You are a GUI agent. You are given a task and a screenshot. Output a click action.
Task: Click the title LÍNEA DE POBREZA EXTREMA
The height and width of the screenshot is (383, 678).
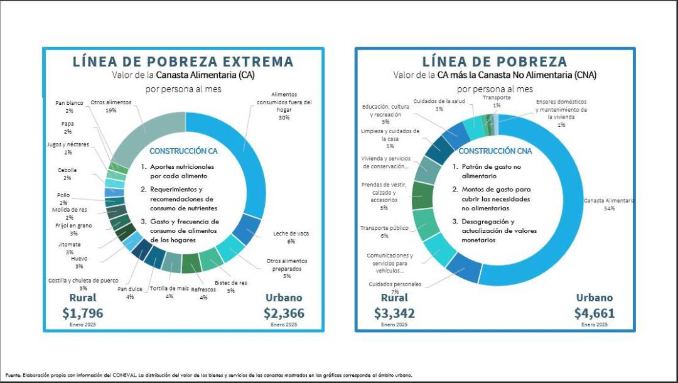pos(183,62)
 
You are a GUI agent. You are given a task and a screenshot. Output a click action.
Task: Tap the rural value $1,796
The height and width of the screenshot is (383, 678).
pos(82,313)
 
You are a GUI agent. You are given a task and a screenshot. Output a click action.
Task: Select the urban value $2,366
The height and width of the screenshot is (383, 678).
pos(283,313)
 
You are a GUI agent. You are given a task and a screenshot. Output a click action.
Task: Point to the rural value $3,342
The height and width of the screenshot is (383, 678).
pos(394,313)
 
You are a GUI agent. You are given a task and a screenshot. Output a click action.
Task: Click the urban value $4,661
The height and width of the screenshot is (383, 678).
pos(595,313)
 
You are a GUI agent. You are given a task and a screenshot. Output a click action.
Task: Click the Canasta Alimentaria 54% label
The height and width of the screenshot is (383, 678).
pos(608,204)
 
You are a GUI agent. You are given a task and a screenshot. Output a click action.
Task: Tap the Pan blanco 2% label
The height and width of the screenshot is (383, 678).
pos(69,106)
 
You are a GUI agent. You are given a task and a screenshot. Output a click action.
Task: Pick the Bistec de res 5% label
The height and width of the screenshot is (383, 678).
pos(230,286)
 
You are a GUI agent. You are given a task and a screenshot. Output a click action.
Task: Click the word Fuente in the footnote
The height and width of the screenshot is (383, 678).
pos(13,375)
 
